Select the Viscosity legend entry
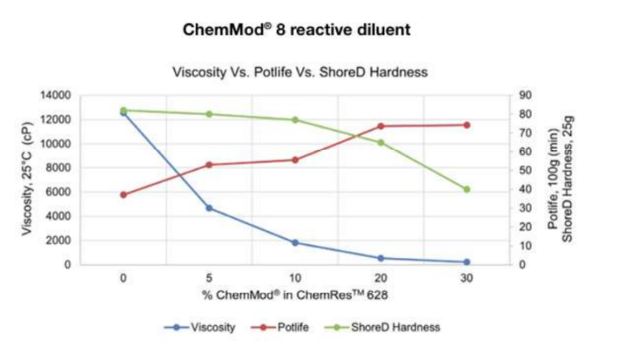[206, 327]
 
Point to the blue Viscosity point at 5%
[209, 208]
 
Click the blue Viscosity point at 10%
[295, 243]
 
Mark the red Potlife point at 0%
[123, 195]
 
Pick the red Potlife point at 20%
[381, 126]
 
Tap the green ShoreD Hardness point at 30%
[466, 189]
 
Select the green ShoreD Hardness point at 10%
[295, 120]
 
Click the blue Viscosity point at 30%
[466, 262]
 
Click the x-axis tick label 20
[381, 278]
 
